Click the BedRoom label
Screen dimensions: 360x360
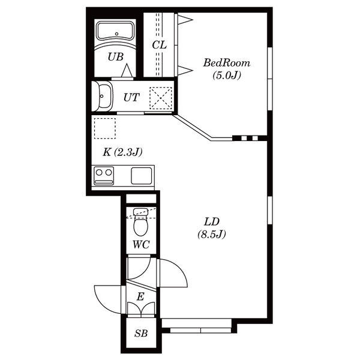227,63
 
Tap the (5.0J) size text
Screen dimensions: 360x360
227,75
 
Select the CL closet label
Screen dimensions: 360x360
160,45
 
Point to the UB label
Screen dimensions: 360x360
116,57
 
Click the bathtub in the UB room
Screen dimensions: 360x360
115,31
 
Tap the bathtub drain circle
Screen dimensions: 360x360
116,34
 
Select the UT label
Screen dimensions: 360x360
131,97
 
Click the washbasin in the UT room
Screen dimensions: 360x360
103,96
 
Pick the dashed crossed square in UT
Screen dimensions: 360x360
161,98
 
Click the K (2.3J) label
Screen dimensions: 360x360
122,152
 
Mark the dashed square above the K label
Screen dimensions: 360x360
105,128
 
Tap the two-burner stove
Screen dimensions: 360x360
104,176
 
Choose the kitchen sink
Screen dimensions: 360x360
142,176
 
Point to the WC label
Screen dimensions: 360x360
141,245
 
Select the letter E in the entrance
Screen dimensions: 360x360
140,296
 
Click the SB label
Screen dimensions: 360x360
141,333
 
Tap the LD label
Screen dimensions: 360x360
212,222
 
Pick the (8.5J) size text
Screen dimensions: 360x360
212,234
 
